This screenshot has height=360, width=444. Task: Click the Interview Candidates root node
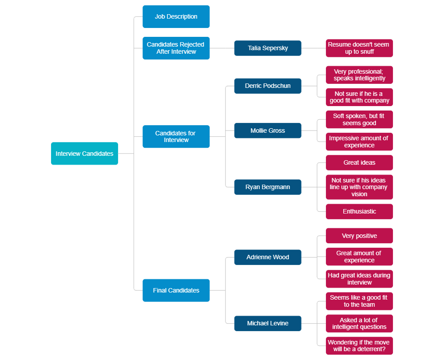[x=84, y=154]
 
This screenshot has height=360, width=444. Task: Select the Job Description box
[x=176, y=17]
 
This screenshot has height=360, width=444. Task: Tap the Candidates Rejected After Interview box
[x=176, y=48]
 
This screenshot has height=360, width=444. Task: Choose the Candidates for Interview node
[x=176, y=137]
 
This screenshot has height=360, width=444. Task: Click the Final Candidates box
[x=176, y=290]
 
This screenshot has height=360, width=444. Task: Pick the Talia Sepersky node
[x=268, y=48]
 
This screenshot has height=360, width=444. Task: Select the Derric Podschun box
[x=268, y=86]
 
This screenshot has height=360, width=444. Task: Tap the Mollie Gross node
[x=268, y=131]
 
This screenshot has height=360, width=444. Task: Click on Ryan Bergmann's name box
[x=268, y=187]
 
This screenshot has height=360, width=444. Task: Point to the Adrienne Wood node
[x=268, y=257]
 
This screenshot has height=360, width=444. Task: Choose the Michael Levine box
[x=268, y=323]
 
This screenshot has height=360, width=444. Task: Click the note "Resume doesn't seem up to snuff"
[x=359, y=48]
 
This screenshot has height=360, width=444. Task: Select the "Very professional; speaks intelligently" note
[x=359, y=75]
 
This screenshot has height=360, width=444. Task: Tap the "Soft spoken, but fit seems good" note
[x=359, y=119]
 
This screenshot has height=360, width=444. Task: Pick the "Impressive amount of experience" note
[x=359, y=142]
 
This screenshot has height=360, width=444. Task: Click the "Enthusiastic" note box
[x=359, y=211]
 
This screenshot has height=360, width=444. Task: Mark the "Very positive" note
[x=359, y=236]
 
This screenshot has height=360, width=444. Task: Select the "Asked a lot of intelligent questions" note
[x=359, y=323]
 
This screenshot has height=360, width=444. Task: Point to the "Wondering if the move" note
[x=359, y=345]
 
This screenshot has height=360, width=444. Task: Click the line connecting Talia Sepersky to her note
[x=313, y=48]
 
